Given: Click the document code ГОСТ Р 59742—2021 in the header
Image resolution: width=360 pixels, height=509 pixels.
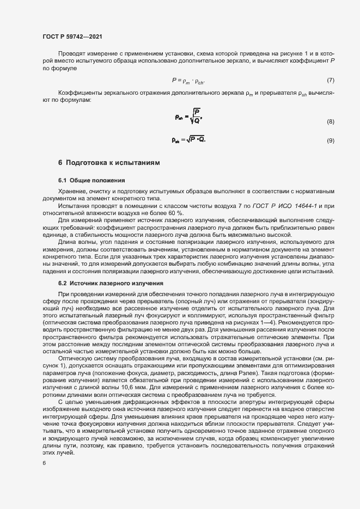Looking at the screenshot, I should tap(72, 36).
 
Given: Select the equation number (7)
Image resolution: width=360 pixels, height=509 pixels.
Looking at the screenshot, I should tap(330, 81).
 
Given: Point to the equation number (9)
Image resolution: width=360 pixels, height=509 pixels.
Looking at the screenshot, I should tap(330, 141).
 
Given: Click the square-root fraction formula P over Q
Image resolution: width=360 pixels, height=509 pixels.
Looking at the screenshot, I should tap(188, 116).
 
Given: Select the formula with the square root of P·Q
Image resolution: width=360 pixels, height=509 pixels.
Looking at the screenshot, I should tap(188, 140).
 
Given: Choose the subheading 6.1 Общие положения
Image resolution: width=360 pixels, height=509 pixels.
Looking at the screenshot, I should tap(91, 180).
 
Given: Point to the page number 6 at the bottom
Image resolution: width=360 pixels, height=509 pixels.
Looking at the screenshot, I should tap(44, 464).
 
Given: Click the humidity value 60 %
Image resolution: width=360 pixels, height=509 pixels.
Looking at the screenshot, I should tap(176, 212).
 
